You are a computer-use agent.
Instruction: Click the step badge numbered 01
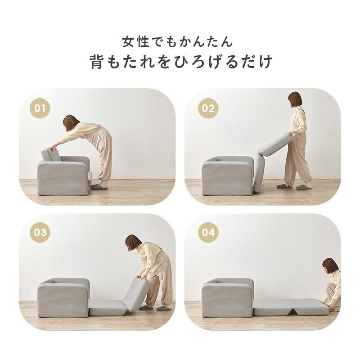pos(40,108)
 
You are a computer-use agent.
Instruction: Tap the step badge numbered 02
pos(208,108)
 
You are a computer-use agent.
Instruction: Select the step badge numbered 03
pos(40,233)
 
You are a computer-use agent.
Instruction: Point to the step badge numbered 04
pos(208,233)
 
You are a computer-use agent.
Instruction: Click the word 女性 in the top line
pos(135,42)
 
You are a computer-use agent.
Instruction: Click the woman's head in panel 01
pos(71,122)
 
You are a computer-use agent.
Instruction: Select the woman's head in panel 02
pos(295,100)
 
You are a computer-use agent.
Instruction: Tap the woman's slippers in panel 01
pos(99,186)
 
